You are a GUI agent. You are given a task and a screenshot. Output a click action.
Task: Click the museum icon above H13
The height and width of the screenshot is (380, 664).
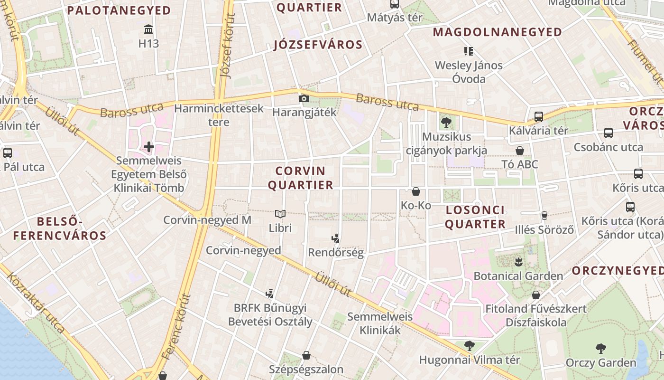pos(148,29)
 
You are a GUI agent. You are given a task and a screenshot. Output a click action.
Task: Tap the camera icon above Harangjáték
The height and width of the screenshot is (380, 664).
pos(304,99)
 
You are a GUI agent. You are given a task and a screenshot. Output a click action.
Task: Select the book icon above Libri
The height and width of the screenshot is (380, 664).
pos(280,214)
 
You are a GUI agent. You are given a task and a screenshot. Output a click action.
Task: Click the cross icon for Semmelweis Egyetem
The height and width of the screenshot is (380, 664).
pos(149,147)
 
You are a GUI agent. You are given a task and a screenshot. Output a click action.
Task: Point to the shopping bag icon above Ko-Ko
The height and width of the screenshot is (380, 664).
pos(416,191)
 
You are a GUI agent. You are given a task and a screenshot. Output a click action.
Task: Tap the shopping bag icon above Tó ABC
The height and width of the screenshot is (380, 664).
pos(520,151)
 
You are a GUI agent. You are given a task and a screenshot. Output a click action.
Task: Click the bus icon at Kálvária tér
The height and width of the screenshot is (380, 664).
pos(539,116)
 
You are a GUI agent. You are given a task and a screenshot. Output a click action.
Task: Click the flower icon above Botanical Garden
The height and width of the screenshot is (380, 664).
pos(518,262)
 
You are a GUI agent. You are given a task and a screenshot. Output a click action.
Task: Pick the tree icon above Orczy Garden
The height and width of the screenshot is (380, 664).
pos(600,349)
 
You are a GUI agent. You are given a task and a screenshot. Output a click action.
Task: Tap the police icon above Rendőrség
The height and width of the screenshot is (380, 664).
pos(336,238)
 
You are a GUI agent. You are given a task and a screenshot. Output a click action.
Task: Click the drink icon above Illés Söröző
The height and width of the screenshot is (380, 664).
pos(544,216)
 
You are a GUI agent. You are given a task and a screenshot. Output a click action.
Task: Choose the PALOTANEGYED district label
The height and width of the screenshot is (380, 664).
pos(119,10)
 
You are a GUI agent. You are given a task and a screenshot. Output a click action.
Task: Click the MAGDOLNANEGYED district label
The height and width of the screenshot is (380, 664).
pos(498,32)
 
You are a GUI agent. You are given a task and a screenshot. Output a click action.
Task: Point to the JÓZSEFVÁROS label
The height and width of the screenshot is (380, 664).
pos(318,45)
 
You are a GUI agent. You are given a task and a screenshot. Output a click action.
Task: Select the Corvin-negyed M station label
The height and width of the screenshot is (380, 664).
pos(207,220)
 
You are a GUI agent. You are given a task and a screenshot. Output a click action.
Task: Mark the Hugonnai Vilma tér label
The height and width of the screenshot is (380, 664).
pos(470,360)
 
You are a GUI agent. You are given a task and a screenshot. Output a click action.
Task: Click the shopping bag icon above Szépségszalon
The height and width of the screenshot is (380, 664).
pos(306,355)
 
